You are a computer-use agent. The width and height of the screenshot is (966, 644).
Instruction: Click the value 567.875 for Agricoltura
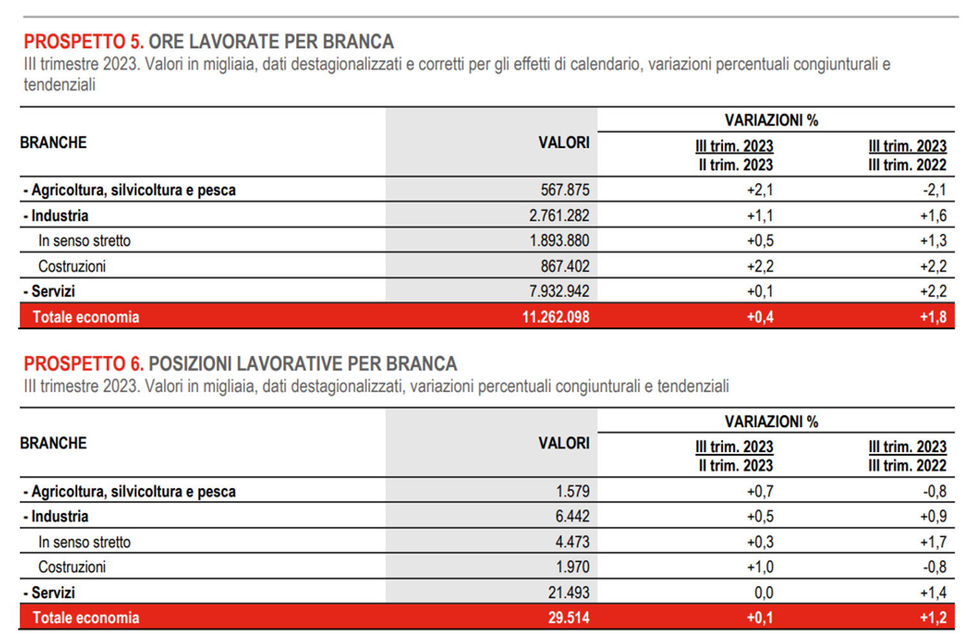pyautogui.click(x=565, y=190)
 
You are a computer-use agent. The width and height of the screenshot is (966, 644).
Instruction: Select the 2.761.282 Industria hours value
pyautogui.click(x=559, y=216)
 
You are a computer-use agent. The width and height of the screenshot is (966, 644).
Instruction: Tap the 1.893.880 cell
pyautogui.click(x=559, y=241)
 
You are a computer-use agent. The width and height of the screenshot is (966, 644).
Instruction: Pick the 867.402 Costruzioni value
pyautogui.click(x=565, y=266)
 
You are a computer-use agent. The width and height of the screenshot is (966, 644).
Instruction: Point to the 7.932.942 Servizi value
pyautogui.click(x=559, y=291)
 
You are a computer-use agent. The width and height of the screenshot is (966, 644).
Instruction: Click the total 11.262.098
pyautogui.click(x=555, y=317)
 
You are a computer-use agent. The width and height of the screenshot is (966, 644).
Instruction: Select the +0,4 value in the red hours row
pyautogui.click(x=760, y=317)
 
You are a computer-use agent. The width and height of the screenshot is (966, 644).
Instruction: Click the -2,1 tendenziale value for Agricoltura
pyautogui.click(x=934, y=190)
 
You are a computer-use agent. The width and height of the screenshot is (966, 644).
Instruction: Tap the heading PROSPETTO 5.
pyautogui.click(x=84, y=42)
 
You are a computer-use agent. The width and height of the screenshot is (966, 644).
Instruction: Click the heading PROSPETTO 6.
pyautogui.click(x=84, y=364)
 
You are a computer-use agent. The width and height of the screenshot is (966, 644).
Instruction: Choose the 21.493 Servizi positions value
pyautogui.click(x=569, y=592)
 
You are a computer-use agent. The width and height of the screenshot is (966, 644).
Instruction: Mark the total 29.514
pyautogui.click(x=569, y=618)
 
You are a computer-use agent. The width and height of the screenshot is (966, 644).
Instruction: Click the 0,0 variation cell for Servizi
pyautogui.click(x=764, y=592)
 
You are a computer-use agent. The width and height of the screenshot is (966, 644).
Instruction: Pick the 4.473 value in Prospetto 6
pyautogui.click(x=573, y=542)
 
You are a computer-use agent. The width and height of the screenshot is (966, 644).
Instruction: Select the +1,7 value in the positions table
pyautogui.click(x=933, y=542)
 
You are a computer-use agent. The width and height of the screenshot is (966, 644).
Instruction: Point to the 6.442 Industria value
pyautogui.click(x=573, y=516)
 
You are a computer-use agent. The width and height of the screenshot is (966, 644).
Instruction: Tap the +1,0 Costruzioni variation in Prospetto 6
pyautogui.click(x=760, y=567)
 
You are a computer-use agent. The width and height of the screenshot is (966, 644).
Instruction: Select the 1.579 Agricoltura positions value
pyautogui.click(x=573, y=491)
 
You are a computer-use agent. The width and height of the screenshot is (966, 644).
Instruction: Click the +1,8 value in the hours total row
pyautogui.click(x=933, y=317)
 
